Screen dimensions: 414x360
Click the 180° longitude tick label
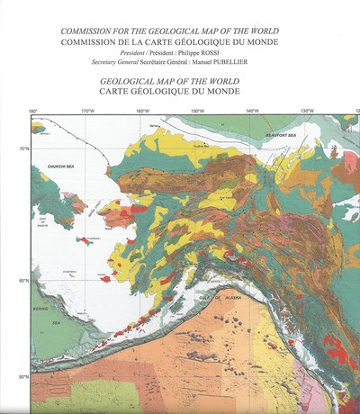coord(33,112)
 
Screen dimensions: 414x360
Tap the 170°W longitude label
coord(87,112)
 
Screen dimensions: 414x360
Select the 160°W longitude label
coord(142,112)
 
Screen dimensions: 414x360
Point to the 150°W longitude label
coord(197,112)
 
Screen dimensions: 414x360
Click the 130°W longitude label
coord(307,112)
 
